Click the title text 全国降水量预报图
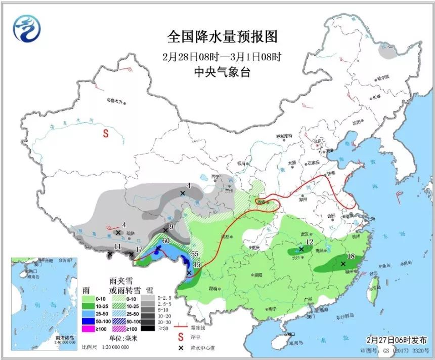pos(223,36)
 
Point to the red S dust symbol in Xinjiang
pos(106,134)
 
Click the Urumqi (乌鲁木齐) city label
pos(115,101)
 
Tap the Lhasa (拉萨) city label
pos(131,232)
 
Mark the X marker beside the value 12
pos(301,249)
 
